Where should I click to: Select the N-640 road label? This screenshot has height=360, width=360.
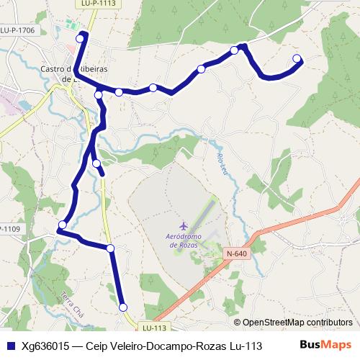click(x=238, y=254)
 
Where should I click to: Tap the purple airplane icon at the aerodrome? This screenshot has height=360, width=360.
click(x=183, y=226)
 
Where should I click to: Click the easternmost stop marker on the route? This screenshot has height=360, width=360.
click(x=297, y=58)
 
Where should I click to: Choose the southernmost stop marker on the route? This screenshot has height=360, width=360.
click(x=123, y=307)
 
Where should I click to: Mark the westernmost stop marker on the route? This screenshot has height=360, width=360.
click(x=63, y=225)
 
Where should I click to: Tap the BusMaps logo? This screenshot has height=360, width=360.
click(x=325, y=346)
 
